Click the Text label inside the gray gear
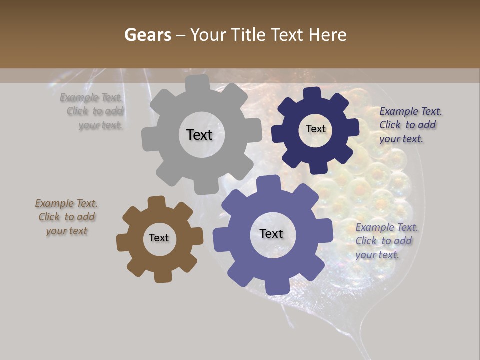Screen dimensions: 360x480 click(x=199, y=135)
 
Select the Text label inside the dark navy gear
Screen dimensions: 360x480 click(x=315, y=129)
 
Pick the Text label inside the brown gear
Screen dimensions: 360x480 click(x=159, y=238)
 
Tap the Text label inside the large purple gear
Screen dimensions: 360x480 click(x=271, y=234)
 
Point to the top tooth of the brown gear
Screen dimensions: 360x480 click(x=156, y=202)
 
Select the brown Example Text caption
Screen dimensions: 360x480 click(x=66, y=217)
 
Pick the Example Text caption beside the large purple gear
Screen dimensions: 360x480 click(x=386, y=241)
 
